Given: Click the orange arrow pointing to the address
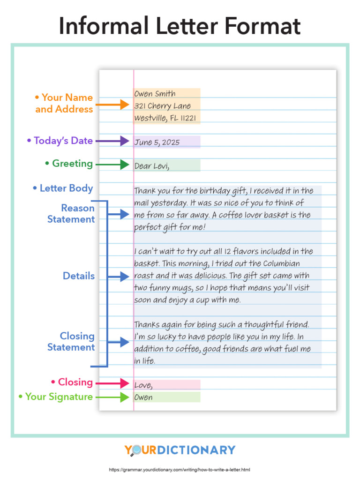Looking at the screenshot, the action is click(112, 104).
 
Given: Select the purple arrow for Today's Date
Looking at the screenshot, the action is click(112, 141).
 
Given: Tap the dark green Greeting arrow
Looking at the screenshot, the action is click(112, 165).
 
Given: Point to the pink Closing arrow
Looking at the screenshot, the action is click(112, 383).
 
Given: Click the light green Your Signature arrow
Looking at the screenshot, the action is click(112, 397).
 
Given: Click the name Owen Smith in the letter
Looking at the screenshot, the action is click(155, 94).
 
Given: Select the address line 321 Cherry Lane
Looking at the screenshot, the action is click(162, 106).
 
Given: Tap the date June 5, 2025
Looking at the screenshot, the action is click(157, 142).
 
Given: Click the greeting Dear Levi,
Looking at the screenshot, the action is click(151, 166).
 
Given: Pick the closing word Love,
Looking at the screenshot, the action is click(143, 385).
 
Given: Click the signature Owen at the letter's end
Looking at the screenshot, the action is click(143, 397).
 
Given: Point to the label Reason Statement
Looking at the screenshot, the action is click(71, 214).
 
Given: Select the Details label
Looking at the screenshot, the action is click(79, 276).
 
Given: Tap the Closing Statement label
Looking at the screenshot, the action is click(71, 342).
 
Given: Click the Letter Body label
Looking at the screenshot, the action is click(63, 188).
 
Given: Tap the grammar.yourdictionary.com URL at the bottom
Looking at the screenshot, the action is click(180, 470).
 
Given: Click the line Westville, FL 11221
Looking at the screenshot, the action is click(165, 118).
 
